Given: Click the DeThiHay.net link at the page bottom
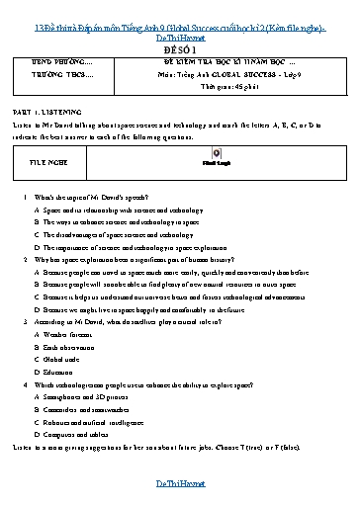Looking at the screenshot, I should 179,483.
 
